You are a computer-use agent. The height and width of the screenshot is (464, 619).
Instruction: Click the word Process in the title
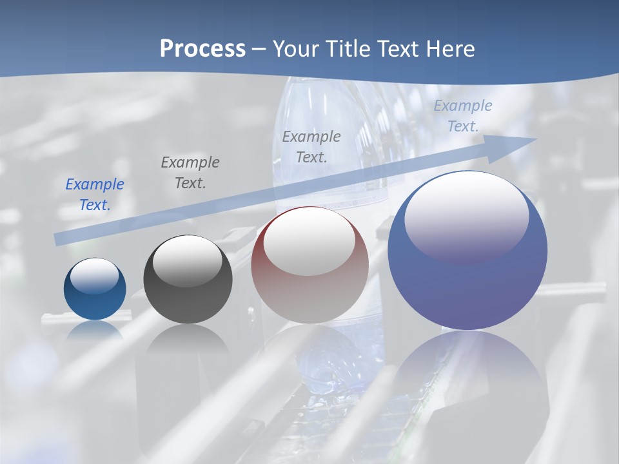(x=202, y=48)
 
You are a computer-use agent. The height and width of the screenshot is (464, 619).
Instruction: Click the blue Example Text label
(x=95, y=195)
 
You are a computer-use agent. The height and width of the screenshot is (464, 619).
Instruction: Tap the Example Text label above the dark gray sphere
(x=190, y=173)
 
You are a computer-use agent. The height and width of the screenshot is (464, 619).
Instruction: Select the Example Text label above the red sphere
(x=311, y=147)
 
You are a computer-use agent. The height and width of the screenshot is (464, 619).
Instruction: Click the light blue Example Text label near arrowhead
(x=462, y=116)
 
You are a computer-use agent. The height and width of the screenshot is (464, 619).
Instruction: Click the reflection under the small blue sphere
(x=95, y=331)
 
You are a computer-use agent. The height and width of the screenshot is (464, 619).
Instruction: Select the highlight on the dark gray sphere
(x=188, y=261)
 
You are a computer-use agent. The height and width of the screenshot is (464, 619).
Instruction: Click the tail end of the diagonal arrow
(x=59, y=239)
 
